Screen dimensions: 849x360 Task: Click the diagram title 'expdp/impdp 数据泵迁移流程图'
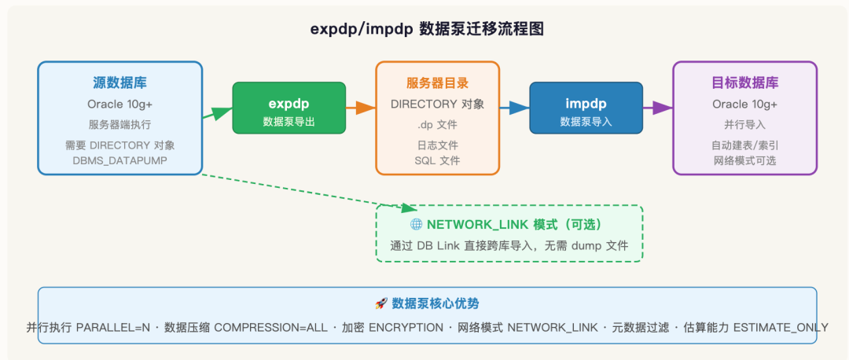[427, 29]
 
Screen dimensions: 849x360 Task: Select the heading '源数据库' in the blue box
[119, 83]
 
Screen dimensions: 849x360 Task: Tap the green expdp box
[289, 108]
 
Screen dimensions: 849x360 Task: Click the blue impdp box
[586, 108]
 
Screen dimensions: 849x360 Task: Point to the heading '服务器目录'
[438, 83]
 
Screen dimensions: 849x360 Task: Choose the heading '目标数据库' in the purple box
[744, 83]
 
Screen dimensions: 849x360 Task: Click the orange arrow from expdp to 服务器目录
[361, 108]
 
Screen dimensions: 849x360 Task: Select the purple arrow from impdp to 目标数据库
[658, 108]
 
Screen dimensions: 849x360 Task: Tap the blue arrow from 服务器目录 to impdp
[514, 108]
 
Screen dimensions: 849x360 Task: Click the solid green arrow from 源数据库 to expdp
[217, 112]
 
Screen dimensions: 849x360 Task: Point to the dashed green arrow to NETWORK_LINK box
[309, 191]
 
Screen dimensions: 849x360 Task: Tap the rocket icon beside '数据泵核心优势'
[380, 303]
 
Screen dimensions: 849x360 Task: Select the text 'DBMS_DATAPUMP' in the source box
[119, 160]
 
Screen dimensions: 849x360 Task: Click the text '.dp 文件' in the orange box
[438, 124]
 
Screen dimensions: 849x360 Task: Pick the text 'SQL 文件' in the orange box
[438, 160]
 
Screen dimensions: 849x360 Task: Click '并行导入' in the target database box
[744, 124]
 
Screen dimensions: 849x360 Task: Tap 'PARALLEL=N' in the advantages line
[112, 328]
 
